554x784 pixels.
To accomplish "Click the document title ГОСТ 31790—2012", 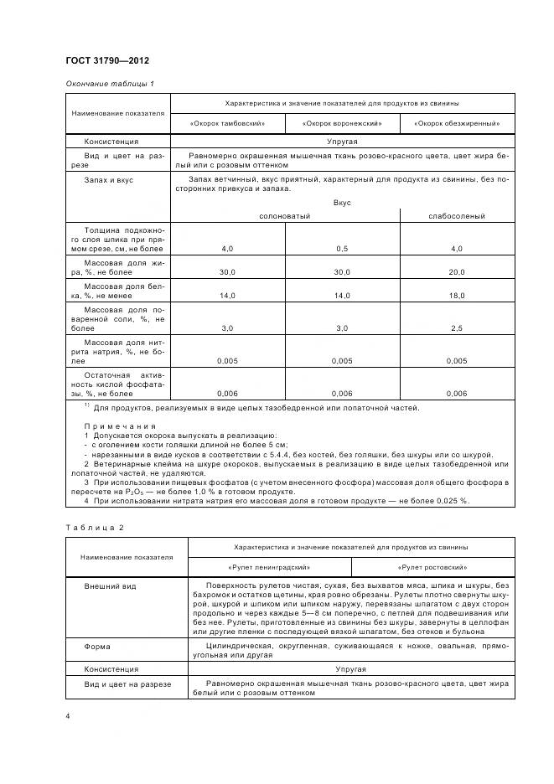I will [x=106, y=59].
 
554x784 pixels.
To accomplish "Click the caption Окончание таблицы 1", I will [x=109, y=83].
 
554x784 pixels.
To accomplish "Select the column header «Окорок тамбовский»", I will [x=229, y=123].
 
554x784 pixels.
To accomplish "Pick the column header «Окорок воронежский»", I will [x=344, y=123].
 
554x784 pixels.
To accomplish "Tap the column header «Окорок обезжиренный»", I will [x=457, y=123].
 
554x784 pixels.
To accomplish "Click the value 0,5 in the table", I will [x=342, y=249].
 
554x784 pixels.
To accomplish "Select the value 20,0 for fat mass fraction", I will [x=457, y=272].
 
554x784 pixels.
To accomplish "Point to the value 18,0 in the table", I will [x=457, y=296].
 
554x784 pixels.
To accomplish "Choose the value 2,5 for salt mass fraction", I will [x=457, y=328].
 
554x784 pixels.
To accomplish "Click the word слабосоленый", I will [x=457, y=216].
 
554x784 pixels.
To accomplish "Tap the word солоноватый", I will [x=284, y=216].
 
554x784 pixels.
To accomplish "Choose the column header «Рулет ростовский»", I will [x=434, y=567].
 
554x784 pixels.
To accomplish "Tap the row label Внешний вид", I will [x=110, y=586].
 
